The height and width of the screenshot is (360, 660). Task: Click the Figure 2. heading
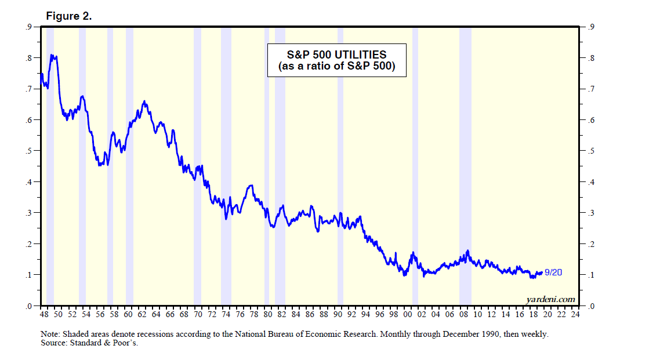[x=68, y=16]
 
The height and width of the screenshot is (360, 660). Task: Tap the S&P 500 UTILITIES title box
[x=336, y=60]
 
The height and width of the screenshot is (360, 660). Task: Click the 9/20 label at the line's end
[x=553, y=272]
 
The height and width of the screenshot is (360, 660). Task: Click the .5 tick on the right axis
[x=590, y=151]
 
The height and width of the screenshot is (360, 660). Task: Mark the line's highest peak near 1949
[x=52, y=55]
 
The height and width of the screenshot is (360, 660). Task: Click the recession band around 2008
[x=465, y=174]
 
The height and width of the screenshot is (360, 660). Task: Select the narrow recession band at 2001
[x=415, y=174]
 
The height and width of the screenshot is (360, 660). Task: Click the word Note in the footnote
[x=49, y=334]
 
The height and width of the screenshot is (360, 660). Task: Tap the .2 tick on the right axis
[x=590, y=244]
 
